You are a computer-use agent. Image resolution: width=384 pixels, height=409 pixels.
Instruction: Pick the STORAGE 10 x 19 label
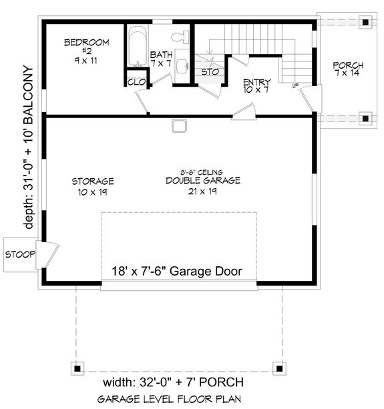(x=93, y=186)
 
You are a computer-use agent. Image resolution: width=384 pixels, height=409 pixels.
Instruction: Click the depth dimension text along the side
(x=29, y=147)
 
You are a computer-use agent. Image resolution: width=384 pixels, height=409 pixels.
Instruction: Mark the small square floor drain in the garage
(x=178, y=125)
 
